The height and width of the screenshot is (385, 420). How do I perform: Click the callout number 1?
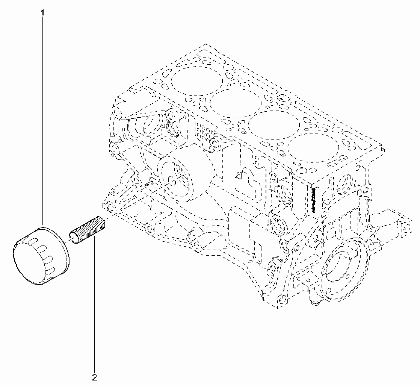(x=42, y=13)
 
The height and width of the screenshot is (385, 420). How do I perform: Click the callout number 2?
(x=94, y=378)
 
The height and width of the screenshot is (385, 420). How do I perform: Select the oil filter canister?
(x=41, y=256)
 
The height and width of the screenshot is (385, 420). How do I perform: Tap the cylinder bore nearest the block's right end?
(x=313, y=148)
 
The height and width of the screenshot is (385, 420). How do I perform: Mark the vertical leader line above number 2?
(x=94, y=304)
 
